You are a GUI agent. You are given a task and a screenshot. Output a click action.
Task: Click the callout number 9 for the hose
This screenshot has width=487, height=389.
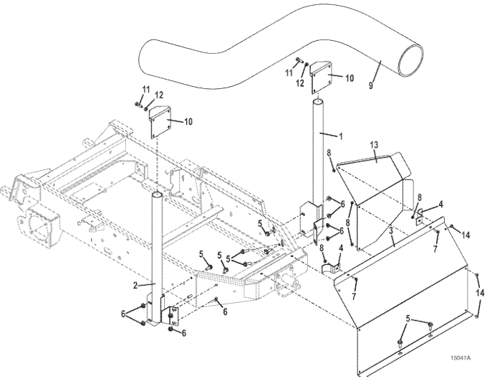371,85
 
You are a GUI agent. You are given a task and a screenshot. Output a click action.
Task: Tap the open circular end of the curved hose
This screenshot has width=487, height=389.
410,60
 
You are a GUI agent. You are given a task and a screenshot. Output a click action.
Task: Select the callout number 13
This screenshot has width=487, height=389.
375,145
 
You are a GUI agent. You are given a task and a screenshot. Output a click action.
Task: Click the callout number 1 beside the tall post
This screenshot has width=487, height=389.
341,136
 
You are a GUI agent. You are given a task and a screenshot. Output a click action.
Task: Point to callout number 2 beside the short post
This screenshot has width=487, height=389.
135,285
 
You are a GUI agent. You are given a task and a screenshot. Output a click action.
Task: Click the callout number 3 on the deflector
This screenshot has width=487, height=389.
391,231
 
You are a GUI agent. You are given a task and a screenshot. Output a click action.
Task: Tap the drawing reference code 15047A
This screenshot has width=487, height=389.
461,358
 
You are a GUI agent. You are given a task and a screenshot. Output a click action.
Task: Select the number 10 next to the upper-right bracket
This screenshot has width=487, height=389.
349,78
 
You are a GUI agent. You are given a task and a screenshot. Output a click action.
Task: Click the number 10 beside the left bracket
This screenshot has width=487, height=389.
188,121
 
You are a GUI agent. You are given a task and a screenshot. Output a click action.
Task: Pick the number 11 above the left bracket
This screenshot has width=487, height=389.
145,90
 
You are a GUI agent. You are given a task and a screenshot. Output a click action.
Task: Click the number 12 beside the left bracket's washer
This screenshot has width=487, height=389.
159,95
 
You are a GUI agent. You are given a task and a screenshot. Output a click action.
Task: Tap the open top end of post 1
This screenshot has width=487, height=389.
317,102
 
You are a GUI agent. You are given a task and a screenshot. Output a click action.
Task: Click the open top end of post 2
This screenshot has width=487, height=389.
157,194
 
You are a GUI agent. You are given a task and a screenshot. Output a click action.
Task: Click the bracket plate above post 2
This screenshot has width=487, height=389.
160,123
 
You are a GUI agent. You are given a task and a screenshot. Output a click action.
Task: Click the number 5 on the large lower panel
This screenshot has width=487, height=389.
408,319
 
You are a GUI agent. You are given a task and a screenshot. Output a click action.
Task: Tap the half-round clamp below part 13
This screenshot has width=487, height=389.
330,268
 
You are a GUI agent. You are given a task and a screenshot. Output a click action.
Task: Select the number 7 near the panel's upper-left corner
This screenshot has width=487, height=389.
354,296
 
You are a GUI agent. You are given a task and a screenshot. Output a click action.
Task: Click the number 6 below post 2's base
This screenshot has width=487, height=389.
184,333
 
